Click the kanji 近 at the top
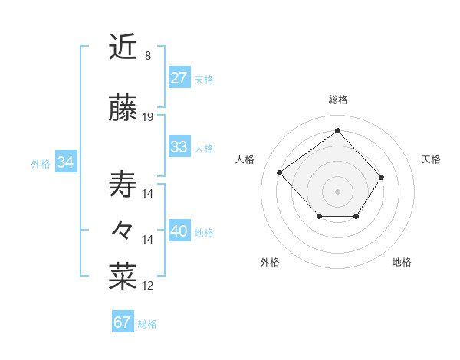point(123,47)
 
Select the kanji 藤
point(123,109)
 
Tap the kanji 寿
point(123,185)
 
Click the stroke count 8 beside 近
point(148,56)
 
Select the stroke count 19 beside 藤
point(148,117)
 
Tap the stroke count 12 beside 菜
point(148,286)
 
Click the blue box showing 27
point(179,78)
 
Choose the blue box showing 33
point(179,147)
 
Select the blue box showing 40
point(179,232)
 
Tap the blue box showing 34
point(65,162)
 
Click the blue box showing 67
point(122,322)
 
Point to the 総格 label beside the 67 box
point(147,324)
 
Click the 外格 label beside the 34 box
point(41,163)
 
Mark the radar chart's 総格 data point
point(337,131)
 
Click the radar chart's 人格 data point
point(280,173)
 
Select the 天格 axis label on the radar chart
point(431,159)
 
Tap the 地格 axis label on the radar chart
point(402,262)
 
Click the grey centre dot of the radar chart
point(337,191)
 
